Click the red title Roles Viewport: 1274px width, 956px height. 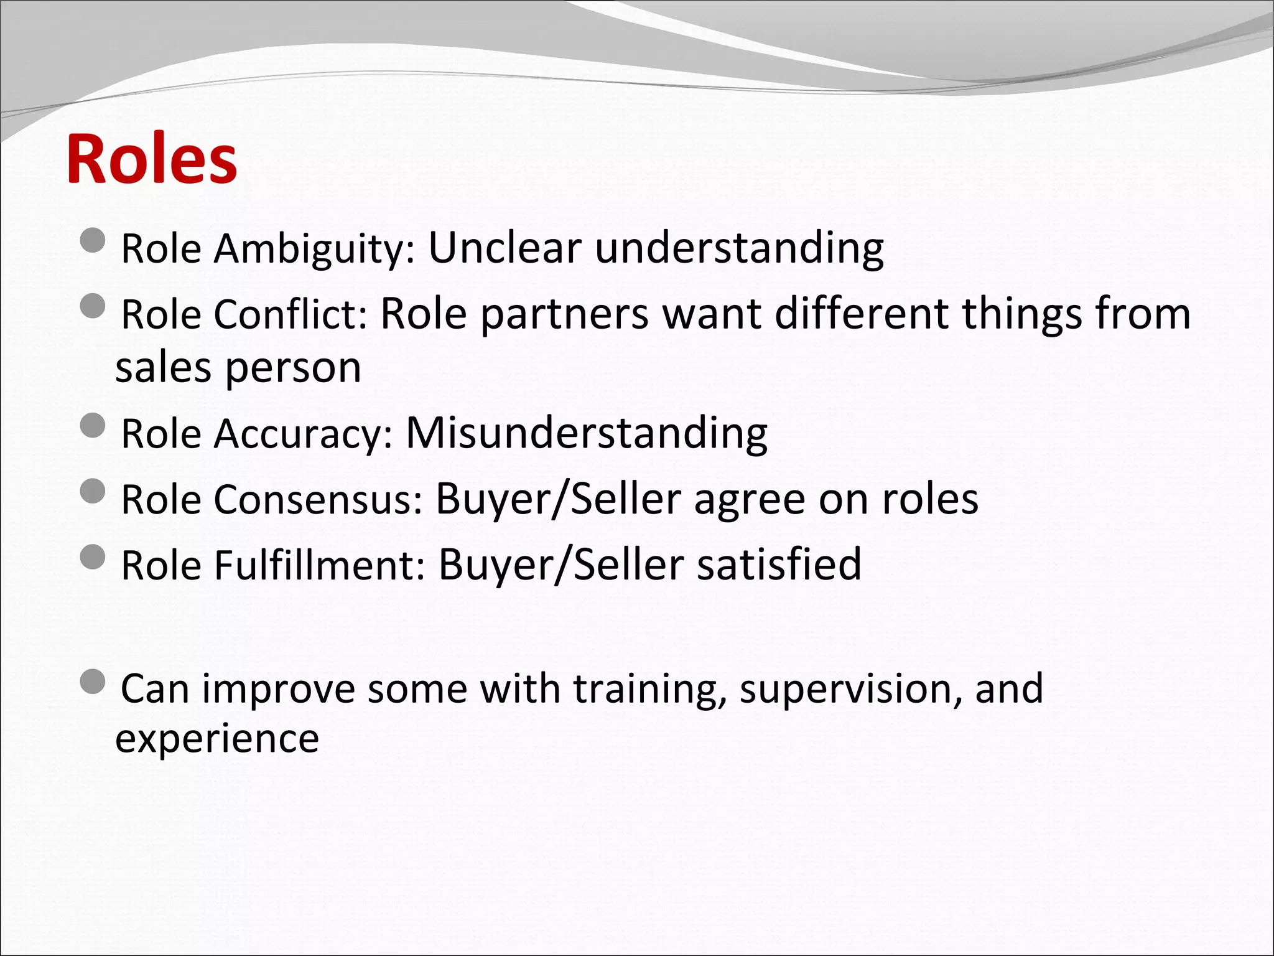(151, 159)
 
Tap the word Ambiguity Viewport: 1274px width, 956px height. (314, 249)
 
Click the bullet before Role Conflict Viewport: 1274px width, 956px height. (93, 306)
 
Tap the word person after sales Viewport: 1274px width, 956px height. (293, 368)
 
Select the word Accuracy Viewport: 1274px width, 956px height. (304, 434)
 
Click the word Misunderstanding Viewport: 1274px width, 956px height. (587, 433)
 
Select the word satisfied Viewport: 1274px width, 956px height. (779, 565)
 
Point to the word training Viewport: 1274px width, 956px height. (649, 690)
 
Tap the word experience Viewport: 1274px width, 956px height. (217, 739)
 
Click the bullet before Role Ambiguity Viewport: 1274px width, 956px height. (93, 240)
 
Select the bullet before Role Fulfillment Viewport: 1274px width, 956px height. (93, 557)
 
